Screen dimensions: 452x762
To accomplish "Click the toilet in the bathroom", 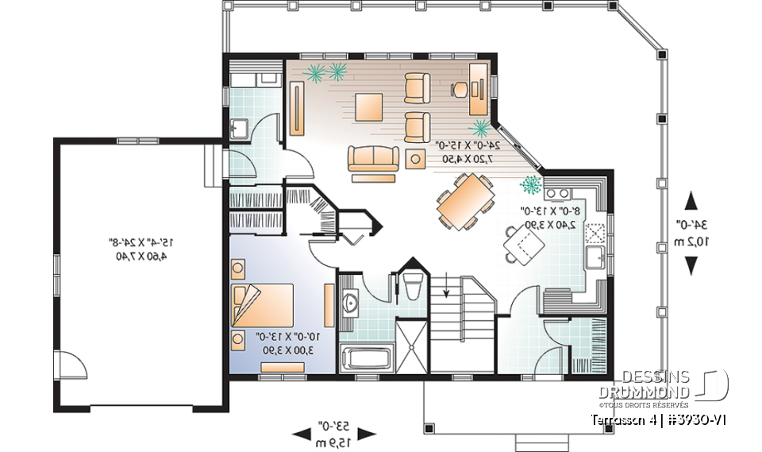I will (412, 288).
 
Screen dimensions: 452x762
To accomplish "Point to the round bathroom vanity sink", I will (351, 302).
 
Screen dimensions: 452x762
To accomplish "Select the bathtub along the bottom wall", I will (366, 357).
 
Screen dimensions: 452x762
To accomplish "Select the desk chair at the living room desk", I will (459, 90).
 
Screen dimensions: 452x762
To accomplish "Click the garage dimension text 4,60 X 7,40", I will (140, 256).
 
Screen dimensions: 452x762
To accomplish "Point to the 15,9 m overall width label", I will (333, 440).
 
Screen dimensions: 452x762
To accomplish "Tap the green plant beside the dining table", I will (529, 185).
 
